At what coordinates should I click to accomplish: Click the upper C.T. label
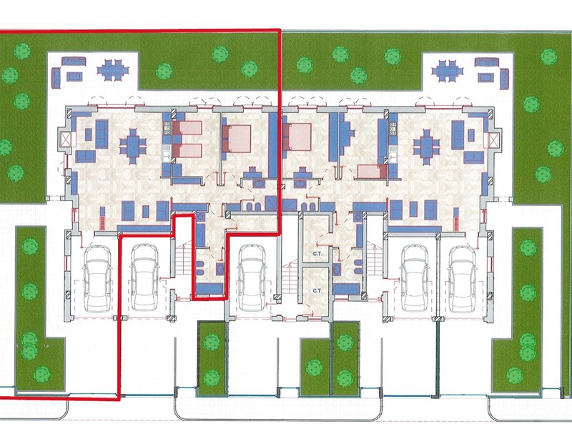317,254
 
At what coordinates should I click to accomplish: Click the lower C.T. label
317,291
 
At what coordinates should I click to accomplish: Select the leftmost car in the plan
97,278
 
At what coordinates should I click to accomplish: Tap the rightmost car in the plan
463,278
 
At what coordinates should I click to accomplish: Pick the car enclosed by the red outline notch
144,277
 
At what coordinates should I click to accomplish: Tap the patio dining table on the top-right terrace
448,70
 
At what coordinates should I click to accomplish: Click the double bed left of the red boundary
237,139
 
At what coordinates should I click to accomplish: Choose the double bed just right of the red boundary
297,137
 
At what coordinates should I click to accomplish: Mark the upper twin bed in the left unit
187,128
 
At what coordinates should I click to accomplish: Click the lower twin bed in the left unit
187,151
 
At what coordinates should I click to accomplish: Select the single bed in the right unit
372,172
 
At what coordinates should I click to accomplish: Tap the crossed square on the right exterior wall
493,139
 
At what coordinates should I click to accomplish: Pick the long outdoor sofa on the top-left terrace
74,61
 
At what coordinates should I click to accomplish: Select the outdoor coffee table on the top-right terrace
485,77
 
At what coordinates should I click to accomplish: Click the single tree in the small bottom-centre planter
314,367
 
